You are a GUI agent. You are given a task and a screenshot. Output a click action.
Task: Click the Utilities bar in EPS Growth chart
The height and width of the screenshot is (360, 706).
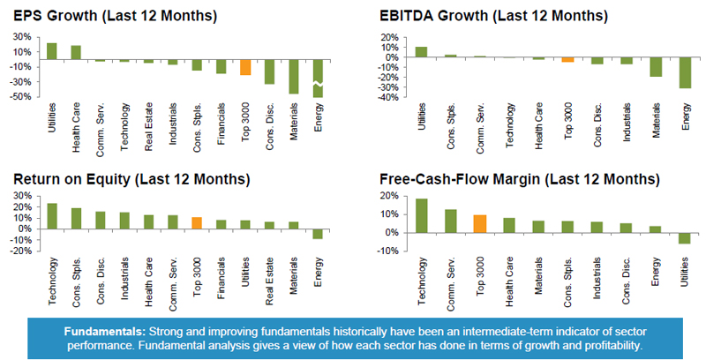[51, 51]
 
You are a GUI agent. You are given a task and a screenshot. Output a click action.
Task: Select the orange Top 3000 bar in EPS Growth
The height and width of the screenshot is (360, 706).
[245, 67]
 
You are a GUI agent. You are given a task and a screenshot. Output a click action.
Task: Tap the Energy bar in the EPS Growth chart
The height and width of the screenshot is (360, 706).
[319, 79]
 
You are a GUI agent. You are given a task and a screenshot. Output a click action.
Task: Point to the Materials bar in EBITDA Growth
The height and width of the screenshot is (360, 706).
[656, 67]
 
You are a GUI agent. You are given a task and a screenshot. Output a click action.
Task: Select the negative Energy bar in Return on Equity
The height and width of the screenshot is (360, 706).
[319, 234]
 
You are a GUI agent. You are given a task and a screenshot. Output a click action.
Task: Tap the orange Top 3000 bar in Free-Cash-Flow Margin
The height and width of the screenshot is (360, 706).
[481, 223]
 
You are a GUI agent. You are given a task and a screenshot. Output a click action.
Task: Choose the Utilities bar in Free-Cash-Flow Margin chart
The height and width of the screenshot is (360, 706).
[686, 237]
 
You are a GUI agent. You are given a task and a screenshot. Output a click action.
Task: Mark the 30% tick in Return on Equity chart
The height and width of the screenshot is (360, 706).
[24, 197]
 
